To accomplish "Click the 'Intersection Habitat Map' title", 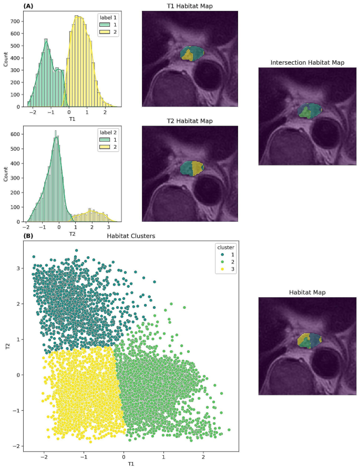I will click(307, 62).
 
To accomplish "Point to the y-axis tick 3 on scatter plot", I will click(17, 268).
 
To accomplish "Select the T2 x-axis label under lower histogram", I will click(72, 233).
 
